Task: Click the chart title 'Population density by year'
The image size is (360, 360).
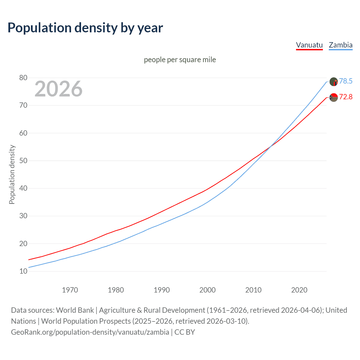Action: point(85,28)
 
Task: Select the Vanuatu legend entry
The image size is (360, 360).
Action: point(309,45)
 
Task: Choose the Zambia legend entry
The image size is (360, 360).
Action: point(341,45)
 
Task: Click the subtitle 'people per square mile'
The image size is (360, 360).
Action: point(180,60)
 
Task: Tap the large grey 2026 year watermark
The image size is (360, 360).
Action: point(58,89)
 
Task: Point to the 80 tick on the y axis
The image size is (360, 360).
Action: point(23,78)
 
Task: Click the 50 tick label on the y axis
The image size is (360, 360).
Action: point(23,161)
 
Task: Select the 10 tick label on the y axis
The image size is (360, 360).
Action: point(23,271)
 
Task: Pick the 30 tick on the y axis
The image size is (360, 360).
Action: point(23,216)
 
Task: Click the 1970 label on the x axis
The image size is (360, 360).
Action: point(70,290)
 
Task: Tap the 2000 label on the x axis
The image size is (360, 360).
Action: point(207,290)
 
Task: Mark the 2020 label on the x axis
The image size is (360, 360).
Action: point(299,290)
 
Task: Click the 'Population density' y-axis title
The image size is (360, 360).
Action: point(12,174)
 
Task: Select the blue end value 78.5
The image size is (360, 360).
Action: point(346,81)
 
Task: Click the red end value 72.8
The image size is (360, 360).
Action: point(346,97)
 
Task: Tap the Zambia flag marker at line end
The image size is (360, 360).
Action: point(334,82)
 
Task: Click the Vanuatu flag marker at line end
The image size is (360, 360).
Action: point(334,97)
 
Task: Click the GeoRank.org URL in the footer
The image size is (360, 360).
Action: point(90,332)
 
